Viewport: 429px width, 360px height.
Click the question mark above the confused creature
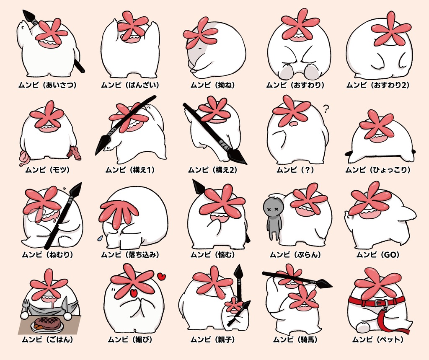click(x=326, y=109)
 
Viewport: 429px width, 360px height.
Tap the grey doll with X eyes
click(x=274, y=218)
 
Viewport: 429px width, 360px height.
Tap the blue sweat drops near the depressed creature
click(x=100, y=238)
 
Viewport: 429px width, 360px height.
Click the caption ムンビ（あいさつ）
click(x=47, y=85)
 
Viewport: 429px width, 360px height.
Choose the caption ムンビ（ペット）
click(x=378, y=340)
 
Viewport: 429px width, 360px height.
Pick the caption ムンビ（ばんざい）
click(x=130, y=85)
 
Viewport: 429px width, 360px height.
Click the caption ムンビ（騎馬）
click(x=295, y=340)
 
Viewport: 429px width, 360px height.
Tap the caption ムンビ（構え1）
click(x=130, y=170)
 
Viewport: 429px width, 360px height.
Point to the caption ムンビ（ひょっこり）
click(x=378, y=170)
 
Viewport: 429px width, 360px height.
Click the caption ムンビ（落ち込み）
click(x=130, y=255)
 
